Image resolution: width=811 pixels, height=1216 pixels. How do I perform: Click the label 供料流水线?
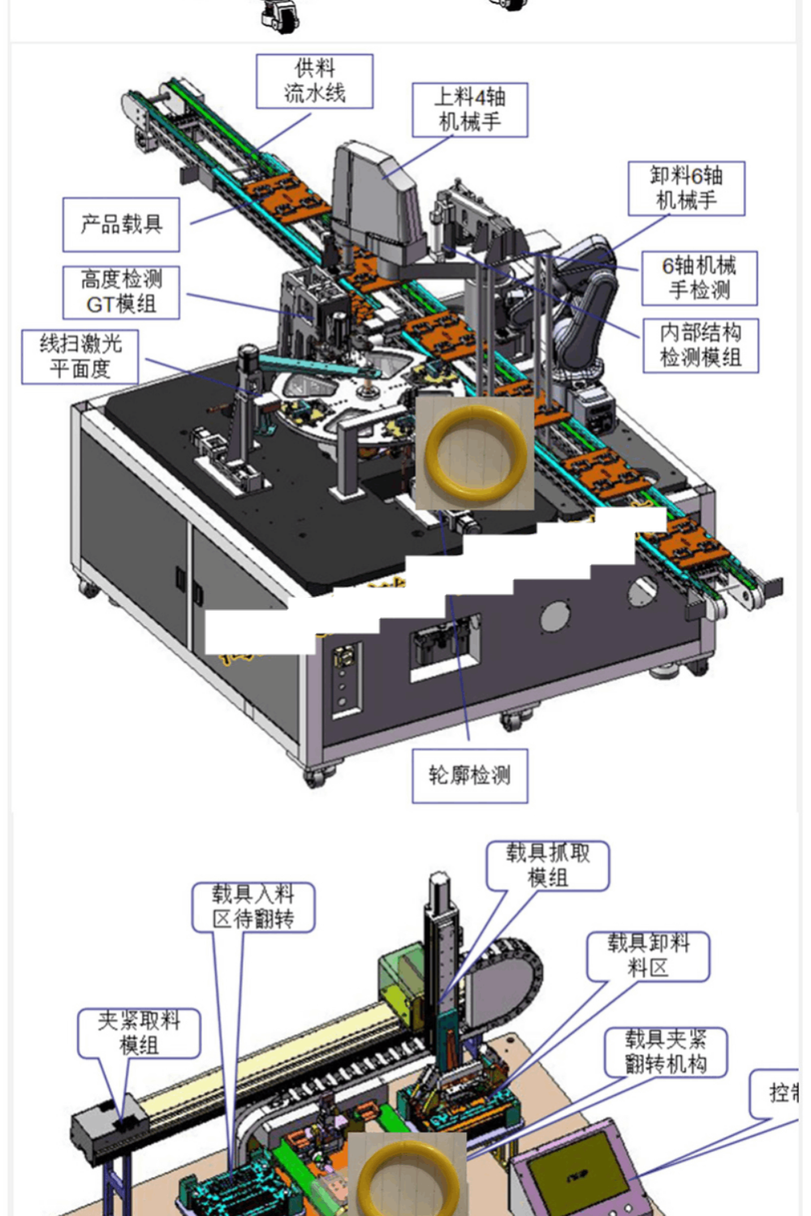[314, 81]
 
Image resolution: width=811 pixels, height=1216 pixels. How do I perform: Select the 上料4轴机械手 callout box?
[469, 110]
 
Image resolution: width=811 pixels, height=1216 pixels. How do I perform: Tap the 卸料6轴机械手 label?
[686, 188]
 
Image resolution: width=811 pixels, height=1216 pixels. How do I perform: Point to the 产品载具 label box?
[121, 224]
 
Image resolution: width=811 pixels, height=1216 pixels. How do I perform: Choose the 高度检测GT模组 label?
[121, 292]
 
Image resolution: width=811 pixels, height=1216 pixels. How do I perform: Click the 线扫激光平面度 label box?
[80, 356]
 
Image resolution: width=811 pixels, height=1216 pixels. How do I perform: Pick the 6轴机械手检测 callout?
[699, 277]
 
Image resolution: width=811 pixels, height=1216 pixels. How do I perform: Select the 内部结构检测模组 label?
[700, 345]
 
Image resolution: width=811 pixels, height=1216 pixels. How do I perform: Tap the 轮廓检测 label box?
[469, 776]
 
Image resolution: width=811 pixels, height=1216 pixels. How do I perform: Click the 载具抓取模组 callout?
[547, 866]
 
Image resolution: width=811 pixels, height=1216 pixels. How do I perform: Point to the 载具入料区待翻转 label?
[252, 907]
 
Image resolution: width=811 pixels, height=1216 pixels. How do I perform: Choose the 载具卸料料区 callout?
[648, 956]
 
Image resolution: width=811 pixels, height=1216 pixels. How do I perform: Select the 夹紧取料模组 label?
[138, 1033]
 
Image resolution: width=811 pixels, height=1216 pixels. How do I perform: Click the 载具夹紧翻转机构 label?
[665, 1052]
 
